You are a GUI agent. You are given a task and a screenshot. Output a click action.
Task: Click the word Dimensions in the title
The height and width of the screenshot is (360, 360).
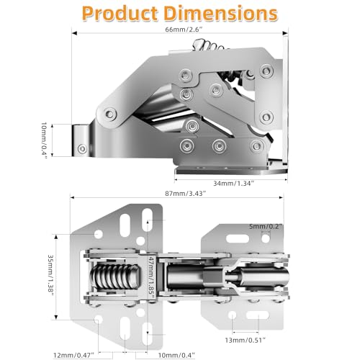coord(221,14)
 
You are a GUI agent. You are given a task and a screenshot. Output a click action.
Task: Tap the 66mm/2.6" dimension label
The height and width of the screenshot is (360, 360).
coord(184,30)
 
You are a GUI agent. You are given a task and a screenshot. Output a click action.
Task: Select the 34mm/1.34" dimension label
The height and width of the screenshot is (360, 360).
coord(233,184)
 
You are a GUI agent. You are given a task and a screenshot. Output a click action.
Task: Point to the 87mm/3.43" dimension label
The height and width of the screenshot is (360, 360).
coord(186,194)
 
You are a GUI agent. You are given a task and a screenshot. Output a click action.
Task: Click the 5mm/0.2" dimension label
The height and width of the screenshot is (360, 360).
coord(266,226)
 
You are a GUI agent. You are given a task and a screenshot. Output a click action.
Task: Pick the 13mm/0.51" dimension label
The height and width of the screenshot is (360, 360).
coord(246,340)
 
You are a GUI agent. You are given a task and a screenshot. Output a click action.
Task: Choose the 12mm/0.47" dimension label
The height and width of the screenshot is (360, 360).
coord(73,355)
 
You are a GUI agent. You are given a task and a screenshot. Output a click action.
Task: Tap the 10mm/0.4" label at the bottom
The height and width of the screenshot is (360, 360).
coord(176,355)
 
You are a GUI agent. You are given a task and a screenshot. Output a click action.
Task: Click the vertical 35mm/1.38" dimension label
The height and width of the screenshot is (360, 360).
coord(50,276)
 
